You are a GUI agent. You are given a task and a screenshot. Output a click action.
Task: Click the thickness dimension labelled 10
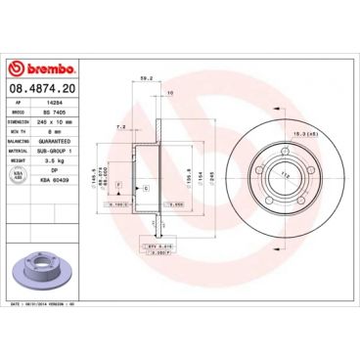(170, 93)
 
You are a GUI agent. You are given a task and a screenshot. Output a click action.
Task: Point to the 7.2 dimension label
(119, 126)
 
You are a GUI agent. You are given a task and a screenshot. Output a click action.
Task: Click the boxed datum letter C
(147, 186)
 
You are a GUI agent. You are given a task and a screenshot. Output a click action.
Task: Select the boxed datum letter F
(118, 184)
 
